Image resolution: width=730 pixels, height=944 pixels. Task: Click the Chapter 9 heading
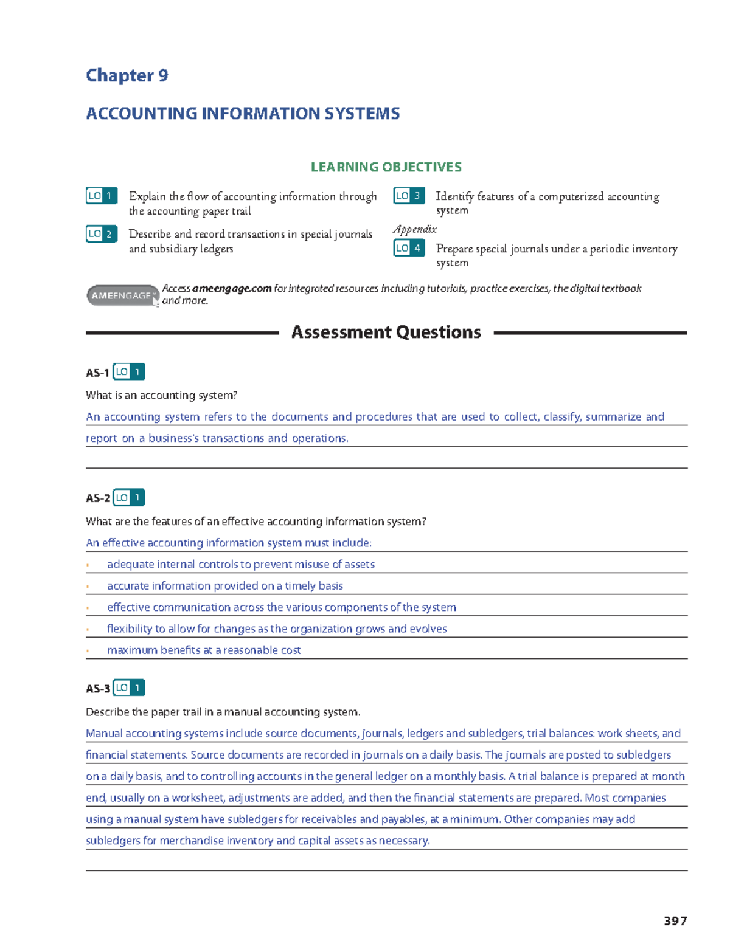pyautogui.click(x=127, y=75)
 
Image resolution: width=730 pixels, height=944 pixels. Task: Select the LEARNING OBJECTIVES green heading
pyautogui.click(x=386, y=167)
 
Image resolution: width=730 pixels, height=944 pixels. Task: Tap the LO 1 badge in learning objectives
pyautogui.click(x=102, y=196)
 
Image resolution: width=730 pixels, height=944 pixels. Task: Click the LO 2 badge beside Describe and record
pyautogui.click(x=102, y=234)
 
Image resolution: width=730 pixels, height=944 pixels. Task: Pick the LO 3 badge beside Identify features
pyautogui.click(x=409, y=196)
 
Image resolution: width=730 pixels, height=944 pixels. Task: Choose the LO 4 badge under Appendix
pyautogui.click(x=409, y=248)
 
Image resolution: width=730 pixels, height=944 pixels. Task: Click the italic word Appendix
pyautogui.click(x=415, y=229)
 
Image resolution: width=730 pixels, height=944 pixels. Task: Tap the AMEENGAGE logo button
pyautogui.click(x=122, y=295)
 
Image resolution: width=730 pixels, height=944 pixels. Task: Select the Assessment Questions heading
pyautogui.click(x=386, y=332)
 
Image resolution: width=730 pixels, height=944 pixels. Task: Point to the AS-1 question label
pyautogui.click(x=97, y=373)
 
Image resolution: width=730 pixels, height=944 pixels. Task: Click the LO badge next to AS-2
pyautogui.click(x=129, y=498)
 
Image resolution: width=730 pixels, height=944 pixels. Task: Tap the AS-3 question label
pyautogui.click(x=97, y=689)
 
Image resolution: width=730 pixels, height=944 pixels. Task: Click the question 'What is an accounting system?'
pyautogui.click(x=161, y=396)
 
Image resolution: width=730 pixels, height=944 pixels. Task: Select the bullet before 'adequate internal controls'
pyautogui.click(x=88, y=565)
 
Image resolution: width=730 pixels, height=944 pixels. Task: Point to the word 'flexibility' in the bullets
pyautogui.click(x=130, y=629)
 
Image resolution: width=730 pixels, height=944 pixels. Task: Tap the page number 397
pyautogui.click(x=675, y=921)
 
